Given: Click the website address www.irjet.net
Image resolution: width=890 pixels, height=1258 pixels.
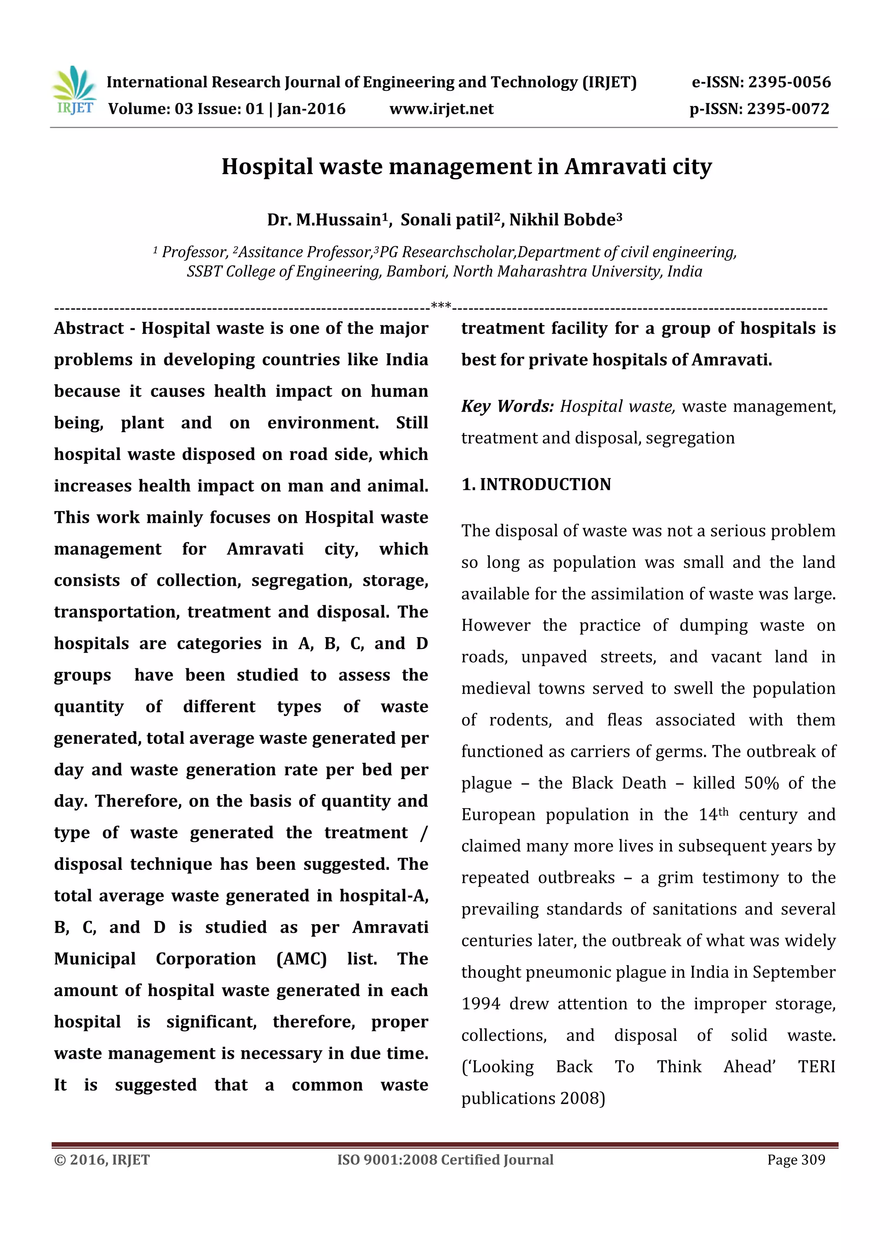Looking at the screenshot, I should [x=442, y=109].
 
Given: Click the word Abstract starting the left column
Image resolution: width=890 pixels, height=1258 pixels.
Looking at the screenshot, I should [x=89, y=328].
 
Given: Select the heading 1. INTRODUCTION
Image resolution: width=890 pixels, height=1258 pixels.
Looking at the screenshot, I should [x=536, y=484].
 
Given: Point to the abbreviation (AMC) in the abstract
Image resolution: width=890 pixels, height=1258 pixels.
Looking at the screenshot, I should [x=301, y=959].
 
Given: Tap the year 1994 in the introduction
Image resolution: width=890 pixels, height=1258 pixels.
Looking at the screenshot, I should [x=480, y=1004].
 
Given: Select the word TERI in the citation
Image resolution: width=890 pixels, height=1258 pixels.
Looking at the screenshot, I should [x=816, y=1067].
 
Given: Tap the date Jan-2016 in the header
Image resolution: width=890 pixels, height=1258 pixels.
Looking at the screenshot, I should [x=311, y=109].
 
